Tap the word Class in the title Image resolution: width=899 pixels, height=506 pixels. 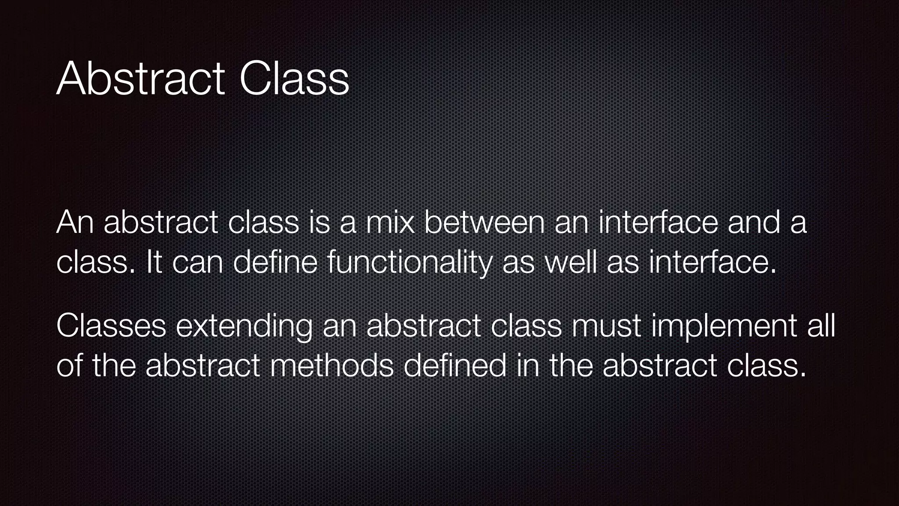click(x=294, y=79)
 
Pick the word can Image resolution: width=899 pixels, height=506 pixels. click(x=198, y=263)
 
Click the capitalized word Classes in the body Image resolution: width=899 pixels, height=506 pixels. click(x=111, y=326)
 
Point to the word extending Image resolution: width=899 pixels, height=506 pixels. click(x=244, y=327)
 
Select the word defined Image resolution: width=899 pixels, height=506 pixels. click(x=454, y=366)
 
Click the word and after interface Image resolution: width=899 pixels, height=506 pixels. click(x=754, y=222)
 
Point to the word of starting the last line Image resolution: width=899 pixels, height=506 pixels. click(x=69, y=366)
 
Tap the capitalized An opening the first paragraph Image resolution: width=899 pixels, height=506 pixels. click(x=75, y=222)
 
